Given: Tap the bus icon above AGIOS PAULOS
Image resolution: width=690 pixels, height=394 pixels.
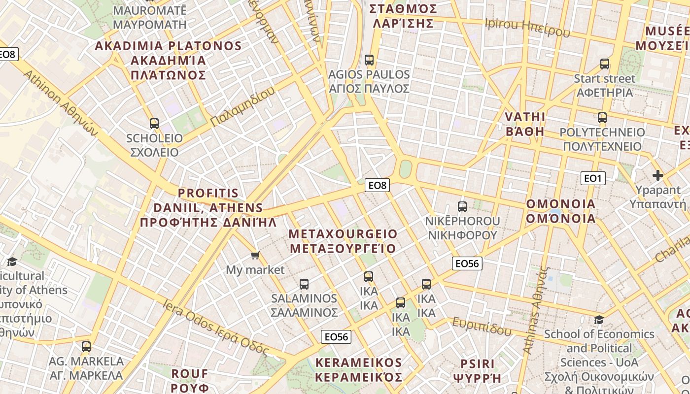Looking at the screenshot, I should click(x=369, y=60).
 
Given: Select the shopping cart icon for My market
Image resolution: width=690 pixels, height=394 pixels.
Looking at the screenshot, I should click(x=255, y=255).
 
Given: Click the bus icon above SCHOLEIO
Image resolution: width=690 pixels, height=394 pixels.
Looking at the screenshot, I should click(x=154, y=124).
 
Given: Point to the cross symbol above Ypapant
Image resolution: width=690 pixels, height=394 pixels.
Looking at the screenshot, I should click(x=657, y=175).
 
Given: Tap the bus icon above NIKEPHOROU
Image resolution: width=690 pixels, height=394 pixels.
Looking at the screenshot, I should click(x=462, y=207).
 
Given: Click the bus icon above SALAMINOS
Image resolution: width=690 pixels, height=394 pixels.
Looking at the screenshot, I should click(x=304, y=284).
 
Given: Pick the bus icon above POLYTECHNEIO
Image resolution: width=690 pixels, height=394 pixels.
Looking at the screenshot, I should click(x=602, y=118).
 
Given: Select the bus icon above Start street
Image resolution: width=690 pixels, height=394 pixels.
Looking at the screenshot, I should click(x=605, y=64).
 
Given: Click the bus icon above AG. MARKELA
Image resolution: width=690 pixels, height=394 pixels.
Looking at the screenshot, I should click(x=86, y=347).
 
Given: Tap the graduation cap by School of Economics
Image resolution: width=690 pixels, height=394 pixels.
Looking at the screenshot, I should click(x=599, y=320).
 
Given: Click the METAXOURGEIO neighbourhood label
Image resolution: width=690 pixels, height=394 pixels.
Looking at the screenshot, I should click(x=343, y=241).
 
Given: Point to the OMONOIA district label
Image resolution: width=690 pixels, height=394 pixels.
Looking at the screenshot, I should click(x=561, y=211).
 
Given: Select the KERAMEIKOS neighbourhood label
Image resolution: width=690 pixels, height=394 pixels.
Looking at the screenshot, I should click(x=359, y=370).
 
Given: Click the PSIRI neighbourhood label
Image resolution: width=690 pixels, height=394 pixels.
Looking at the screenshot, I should click(x=477, y=370).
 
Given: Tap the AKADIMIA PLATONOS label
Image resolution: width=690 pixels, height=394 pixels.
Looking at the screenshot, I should click(x=168, y=60).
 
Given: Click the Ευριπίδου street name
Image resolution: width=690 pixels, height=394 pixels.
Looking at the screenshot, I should click(x=482, y=327).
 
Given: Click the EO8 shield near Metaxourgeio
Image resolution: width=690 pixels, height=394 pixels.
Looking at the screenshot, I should click(x=378, y=185).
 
